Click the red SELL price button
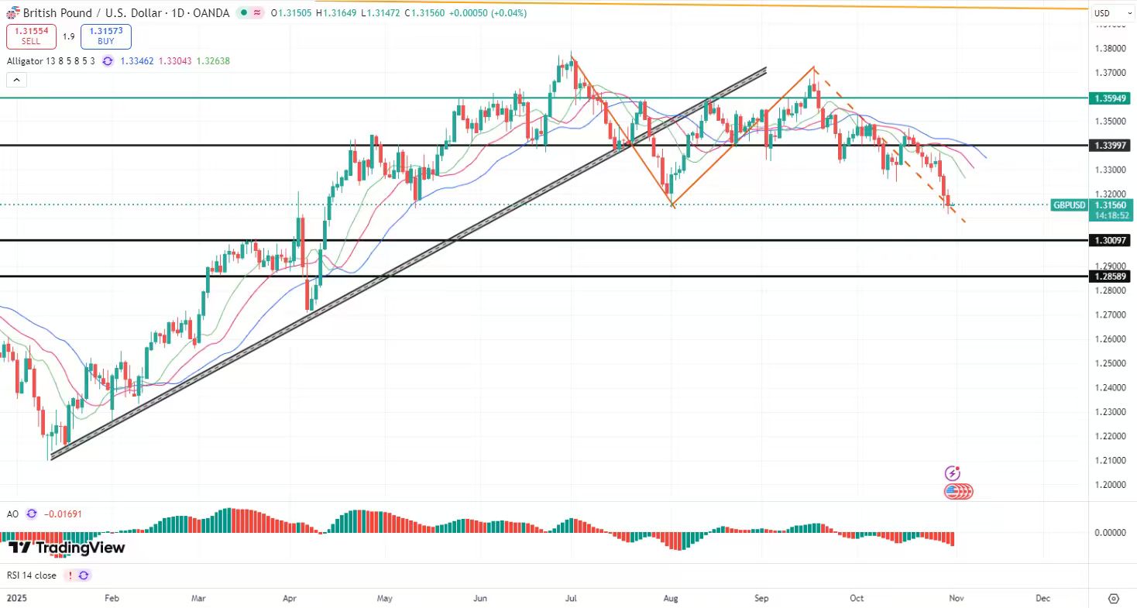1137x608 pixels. (30, 36)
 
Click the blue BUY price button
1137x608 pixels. (105, 36)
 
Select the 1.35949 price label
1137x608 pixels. (1109, 98)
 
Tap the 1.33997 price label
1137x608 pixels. (1109, 146)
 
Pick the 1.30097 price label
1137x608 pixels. (1109, 241)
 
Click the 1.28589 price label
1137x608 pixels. (1109, 277)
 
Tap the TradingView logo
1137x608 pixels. (67, 548)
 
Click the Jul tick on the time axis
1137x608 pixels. (572, 599)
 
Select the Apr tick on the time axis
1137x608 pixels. (290, 599)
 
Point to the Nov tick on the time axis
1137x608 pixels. (956, 599)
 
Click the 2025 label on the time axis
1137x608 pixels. (17, 599)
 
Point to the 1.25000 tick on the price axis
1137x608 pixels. (1110, 363)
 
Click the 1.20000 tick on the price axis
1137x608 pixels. (1110, 485)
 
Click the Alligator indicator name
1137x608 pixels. (27, 61)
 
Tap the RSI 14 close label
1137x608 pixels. (32, 575)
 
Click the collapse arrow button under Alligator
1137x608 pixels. (16, 80)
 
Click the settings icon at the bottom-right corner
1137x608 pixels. (1114, 599)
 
